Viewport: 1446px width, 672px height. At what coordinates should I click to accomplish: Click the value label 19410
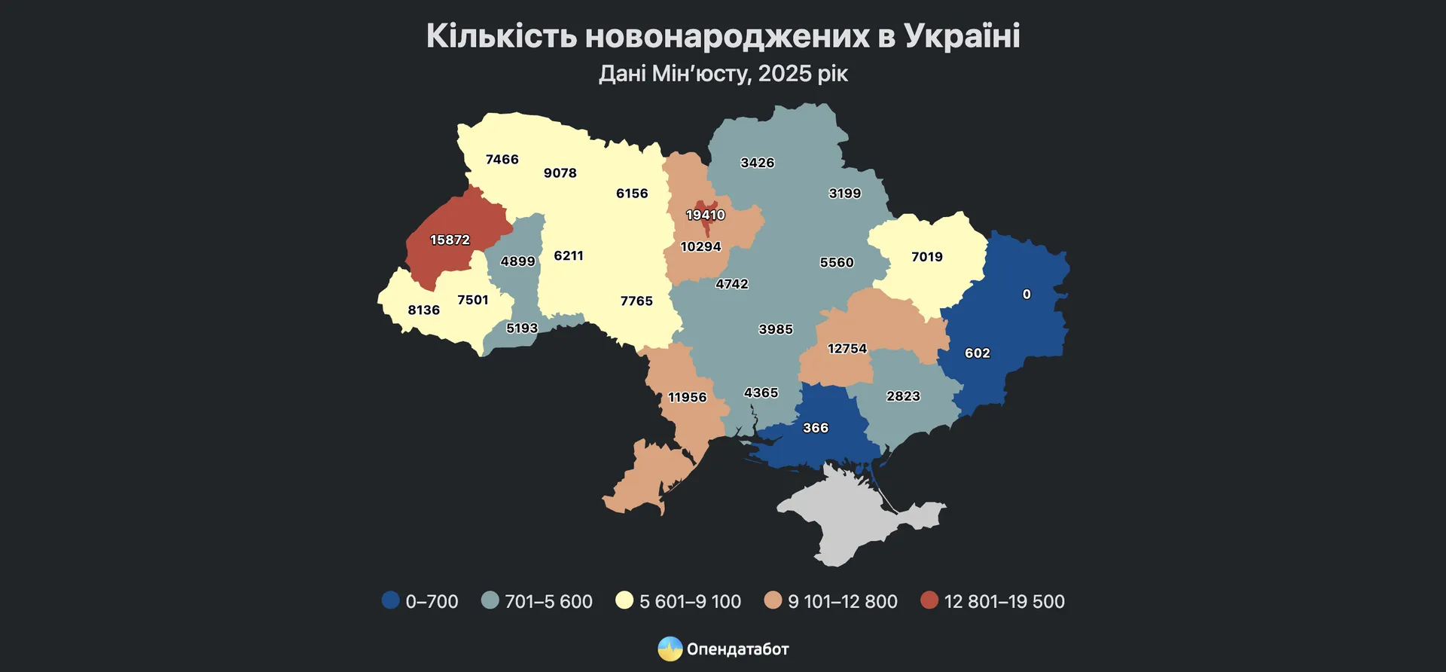705,215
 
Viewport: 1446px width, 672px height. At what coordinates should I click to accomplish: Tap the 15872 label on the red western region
450,240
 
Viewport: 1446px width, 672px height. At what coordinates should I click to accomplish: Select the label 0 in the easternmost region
1027,295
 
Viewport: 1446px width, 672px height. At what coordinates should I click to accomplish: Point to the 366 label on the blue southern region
815,428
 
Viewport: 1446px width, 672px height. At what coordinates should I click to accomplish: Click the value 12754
847,349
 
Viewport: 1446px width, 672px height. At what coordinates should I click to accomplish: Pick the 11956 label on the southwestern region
687,398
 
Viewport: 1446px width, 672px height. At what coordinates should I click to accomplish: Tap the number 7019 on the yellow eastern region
926,257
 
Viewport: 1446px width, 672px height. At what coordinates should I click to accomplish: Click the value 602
977,353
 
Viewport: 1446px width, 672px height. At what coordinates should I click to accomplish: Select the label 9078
560,173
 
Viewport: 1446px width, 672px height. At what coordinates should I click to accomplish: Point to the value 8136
423,310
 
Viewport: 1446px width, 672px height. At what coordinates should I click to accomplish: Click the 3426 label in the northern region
757,163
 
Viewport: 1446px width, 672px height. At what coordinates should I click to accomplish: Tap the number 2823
903,396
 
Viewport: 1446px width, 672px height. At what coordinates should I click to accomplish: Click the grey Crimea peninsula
843,520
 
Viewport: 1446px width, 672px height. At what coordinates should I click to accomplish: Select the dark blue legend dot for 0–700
390,600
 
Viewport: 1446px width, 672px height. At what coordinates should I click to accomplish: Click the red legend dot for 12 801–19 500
929,600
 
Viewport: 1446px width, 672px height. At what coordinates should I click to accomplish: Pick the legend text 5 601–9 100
690,602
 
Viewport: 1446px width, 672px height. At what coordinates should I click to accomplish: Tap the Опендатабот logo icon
670,649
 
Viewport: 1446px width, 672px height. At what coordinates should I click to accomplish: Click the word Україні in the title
962,36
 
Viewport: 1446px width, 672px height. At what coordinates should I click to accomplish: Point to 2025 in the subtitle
785,74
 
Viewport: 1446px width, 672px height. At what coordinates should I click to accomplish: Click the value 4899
517,261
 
